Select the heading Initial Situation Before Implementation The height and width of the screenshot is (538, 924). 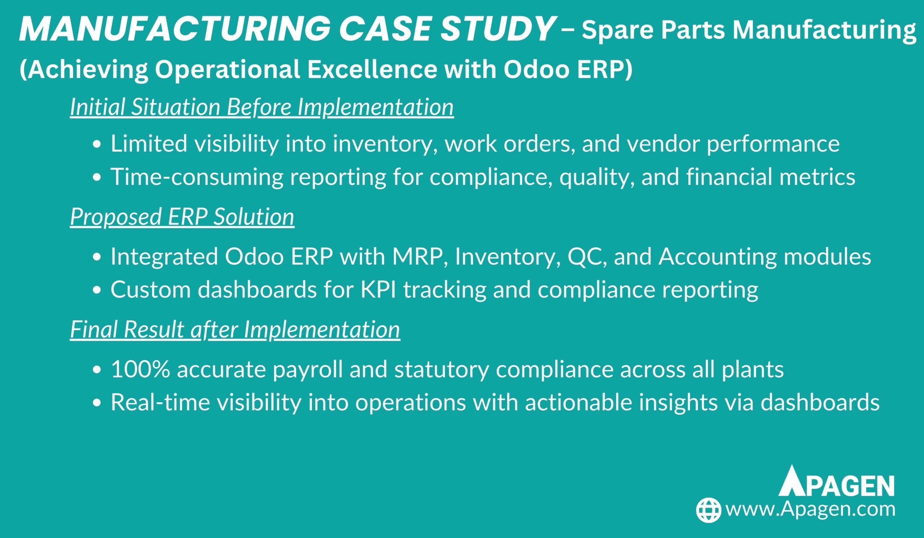262,108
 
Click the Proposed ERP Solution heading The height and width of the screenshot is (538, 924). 182,217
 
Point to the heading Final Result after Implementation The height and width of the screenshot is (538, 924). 235,330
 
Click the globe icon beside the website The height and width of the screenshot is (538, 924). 709,510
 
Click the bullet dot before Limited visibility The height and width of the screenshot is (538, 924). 97,144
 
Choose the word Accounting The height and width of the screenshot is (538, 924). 717,257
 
